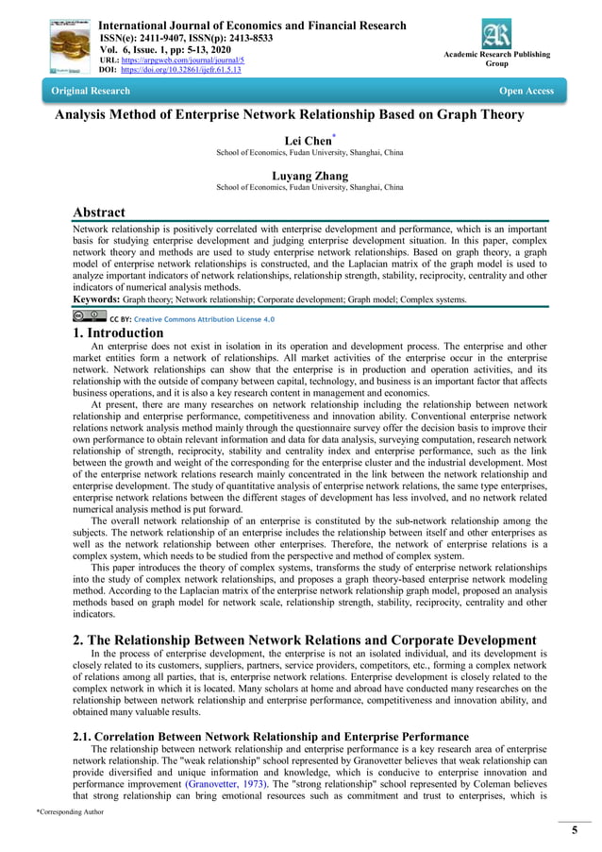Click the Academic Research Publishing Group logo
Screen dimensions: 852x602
coord(496,36)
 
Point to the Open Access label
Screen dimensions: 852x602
coord(527,91)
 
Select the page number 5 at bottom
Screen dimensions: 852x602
coord(574,829)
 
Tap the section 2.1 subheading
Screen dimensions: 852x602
coord(271,736)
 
